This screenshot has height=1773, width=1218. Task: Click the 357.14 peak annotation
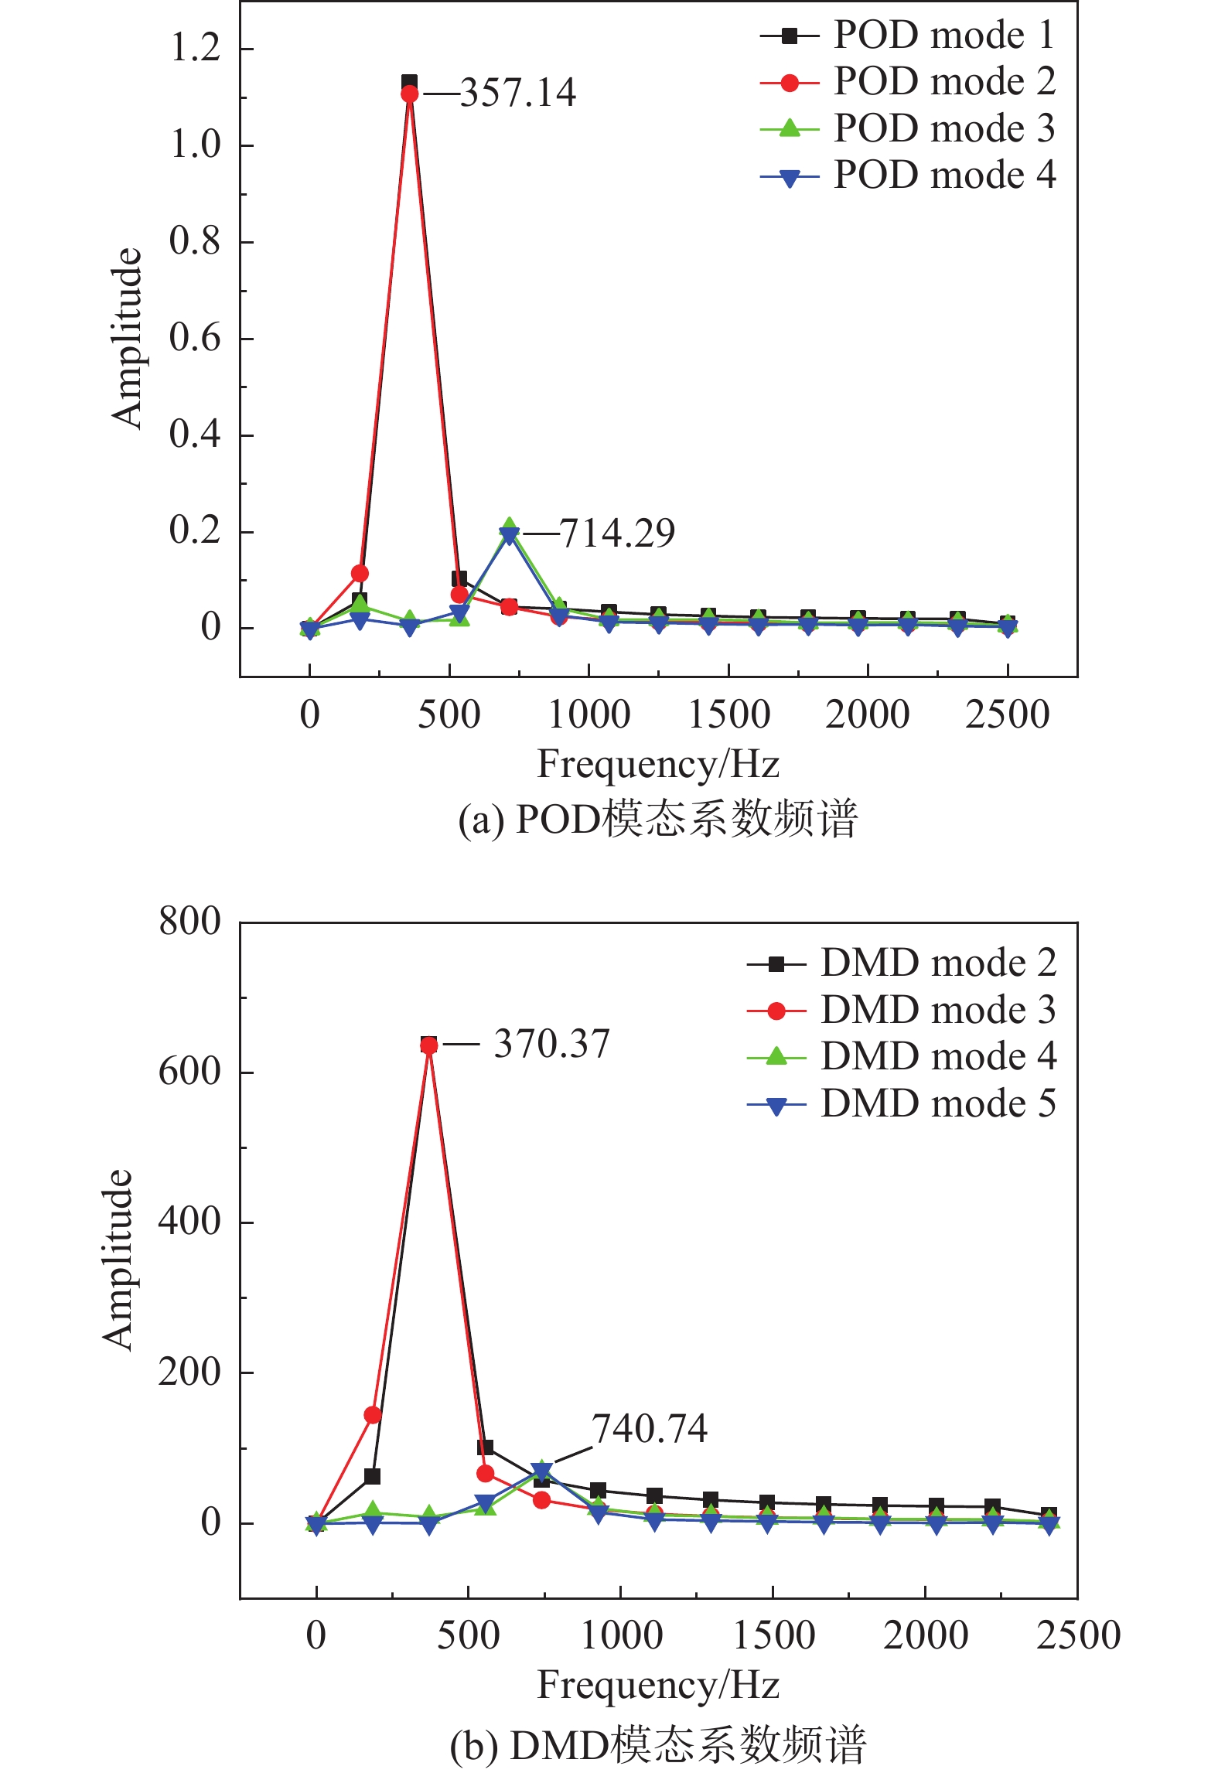pos(518,94)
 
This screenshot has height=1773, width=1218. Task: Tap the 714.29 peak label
pos(617,534)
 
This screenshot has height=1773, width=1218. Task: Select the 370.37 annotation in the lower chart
pos(551,1044)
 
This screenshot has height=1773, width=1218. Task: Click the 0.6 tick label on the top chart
pos(195,338)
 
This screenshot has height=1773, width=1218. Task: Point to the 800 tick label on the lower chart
pos(189,922)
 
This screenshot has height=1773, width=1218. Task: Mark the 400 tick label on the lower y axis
pos(189,1222)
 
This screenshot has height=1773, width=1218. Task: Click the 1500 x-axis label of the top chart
pos(728,714)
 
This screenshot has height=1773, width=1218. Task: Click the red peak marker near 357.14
pos(410,94)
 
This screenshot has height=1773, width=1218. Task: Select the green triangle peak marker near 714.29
pos(509,527)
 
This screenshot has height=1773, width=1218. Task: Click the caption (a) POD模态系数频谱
pos(658,819)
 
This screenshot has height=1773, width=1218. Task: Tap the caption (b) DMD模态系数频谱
pos(658,1744)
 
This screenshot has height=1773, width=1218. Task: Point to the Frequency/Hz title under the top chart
pos(658,765)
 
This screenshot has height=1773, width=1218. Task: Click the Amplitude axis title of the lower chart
pos(118,1260)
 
